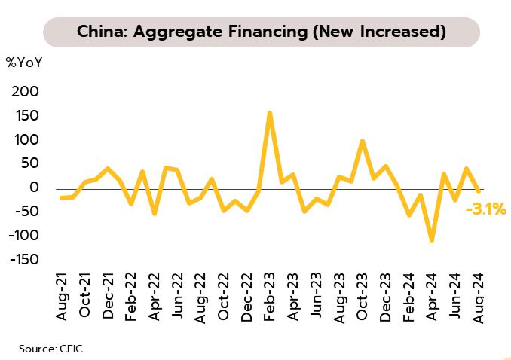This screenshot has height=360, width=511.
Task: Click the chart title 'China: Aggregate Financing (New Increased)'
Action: coord(261,32)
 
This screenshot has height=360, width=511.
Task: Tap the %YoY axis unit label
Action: coord(26,63)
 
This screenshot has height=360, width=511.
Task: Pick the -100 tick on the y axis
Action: coord(23,236)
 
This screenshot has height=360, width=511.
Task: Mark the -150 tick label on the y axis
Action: coord(23,260)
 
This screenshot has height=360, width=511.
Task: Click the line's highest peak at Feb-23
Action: coord(270,113)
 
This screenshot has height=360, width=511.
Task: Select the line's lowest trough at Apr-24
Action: coord(432,240)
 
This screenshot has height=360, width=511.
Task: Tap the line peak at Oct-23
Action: coord(363,141)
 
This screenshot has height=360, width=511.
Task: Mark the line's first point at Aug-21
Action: coord(62,198)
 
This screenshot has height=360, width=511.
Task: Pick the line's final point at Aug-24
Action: coord(478,190)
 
